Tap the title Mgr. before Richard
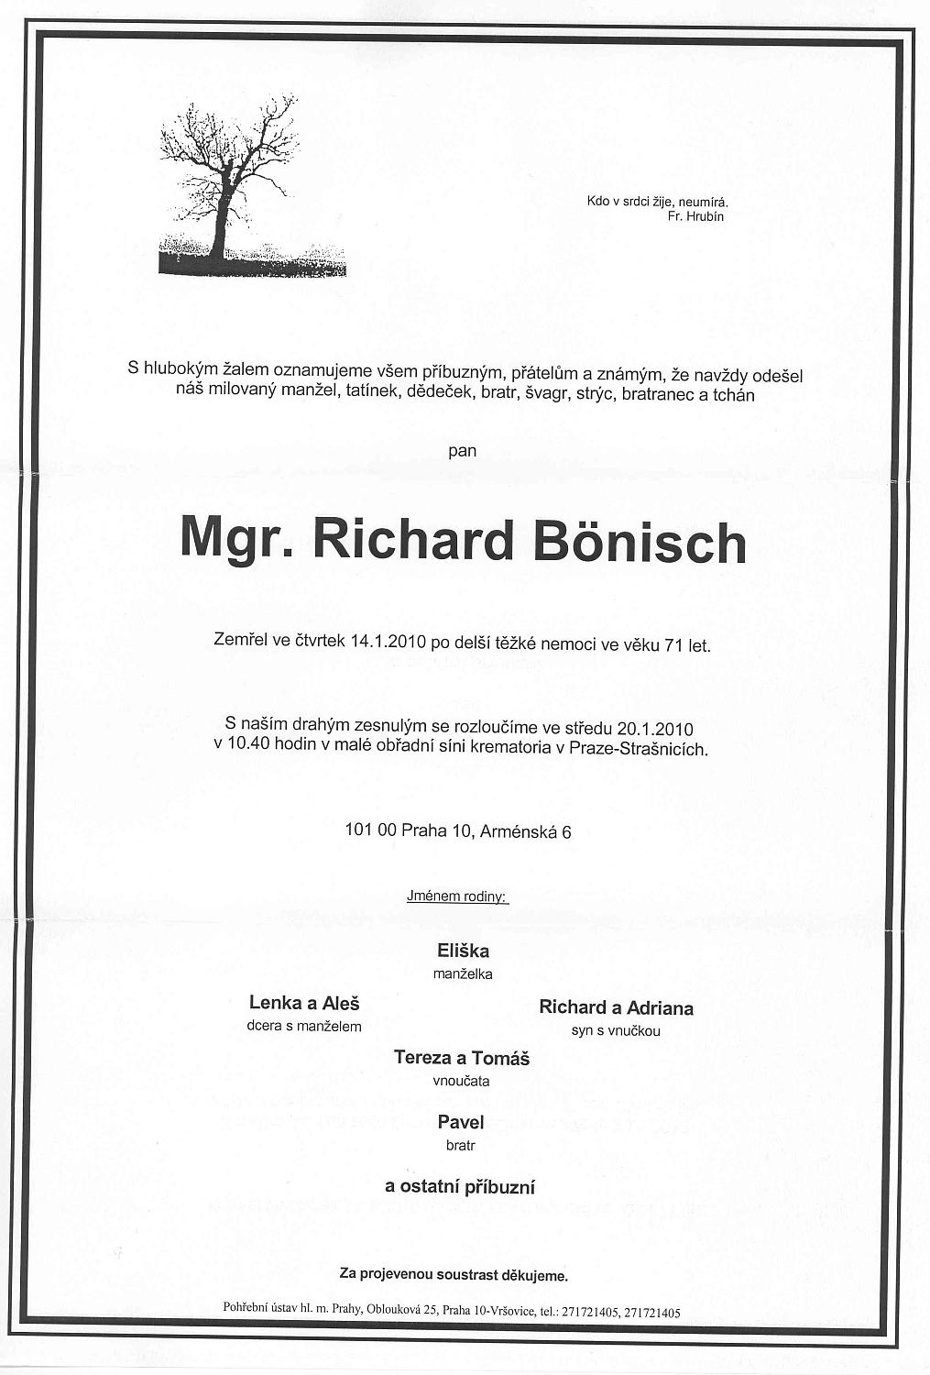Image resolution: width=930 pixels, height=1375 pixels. [235, 539]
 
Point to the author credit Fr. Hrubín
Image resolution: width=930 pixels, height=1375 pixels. [696, 217]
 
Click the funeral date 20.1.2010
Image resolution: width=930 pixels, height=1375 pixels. [655, 729]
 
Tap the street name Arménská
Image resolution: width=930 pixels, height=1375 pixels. [519, 831]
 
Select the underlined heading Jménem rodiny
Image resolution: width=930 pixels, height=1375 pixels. [456, 896]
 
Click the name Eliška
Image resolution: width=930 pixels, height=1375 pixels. [463, 951]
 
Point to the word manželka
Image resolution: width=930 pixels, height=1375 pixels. [463, 974]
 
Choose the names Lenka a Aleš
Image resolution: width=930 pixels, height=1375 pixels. [304, 1003]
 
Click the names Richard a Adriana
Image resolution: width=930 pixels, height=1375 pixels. [616, 1008]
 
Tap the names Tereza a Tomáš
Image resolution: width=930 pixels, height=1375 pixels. [462, 1058]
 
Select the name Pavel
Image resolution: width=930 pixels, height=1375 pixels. [461, 1122]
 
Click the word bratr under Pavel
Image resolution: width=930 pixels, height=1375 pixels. [461, 1145]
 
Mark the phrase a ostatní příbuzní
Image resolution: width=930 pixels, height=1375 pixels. [460, 1187]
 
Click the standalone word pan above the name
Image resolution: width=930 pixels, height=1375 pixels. [463, 450]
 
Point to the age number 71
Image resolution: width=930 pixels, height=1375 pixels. [673, 644]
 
